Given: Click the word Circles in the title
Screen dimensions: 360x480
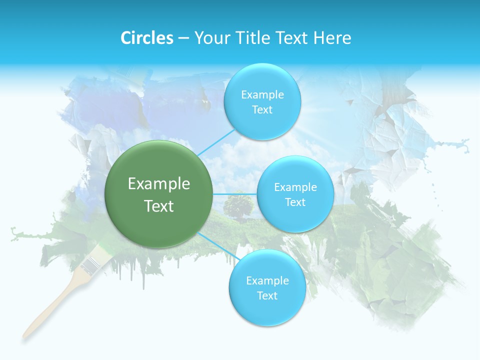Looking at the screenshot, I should pyautogui.click(x=147, y=38).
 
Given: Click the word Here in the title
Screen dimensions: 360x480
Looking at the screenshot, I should pyautogui.click(x=332, y=38).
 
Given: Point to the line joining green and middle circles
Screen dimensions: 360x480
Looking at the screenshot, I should pyautogui.click(x=235, y=194).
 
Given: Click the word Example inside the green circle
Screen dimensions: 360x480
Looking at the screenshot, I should pyautogui.click(x=159, y=184).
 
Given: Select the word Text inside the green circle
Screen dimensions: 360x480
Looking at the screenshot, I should pyautogui.click(x=159, y=206).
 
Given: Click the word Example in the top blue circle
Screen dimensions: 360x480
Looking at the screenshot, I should pyautogui.click(x=262, y=95).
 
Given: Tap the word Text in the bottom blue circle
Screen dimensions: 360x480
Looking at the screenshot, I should pyautogui.click(x=267, y=295).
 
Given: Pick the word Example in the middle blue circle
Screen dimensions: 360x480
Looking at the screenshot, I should pyautogui.click(x=295, y=187).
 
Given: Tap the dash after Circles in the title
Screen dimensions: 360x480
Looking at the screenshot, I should pyautogui.click(x=183, y=38).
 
